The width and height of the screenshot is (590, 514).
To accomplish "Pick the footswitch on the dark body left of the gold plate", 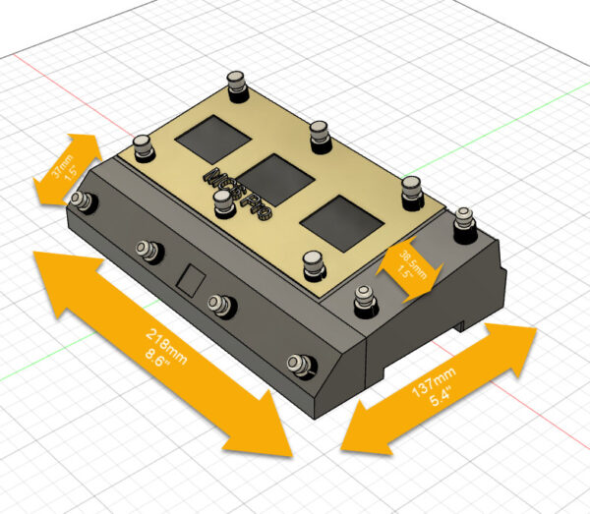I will (144, 147).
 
